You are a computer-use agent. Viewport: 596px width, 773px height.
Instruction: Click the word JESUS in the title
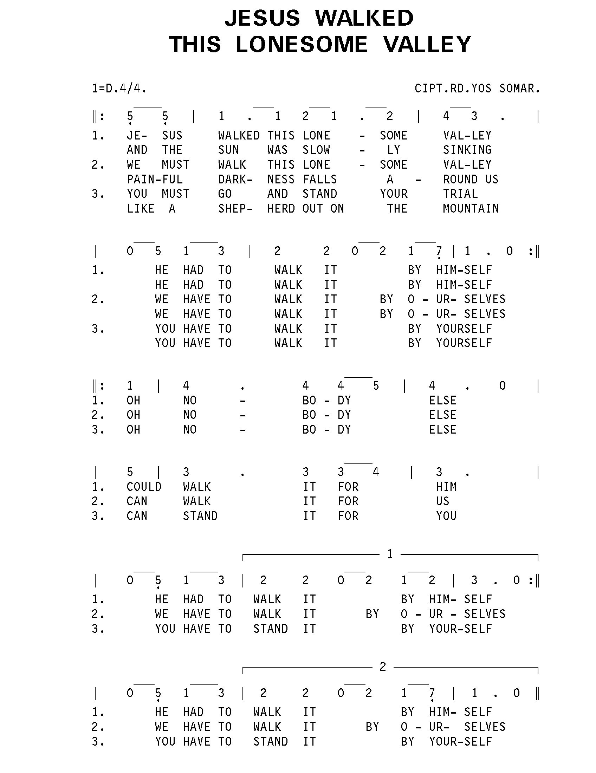tap(262, 18)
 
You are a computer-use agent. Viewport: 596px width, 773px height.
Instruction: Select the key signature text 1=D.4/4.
tap(119, 88)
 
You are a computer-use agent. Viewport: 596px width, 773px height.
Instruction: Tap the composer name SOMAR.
tap(519, 88)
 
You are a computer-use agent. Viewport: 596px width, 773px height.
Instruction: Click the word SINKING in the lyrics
tap(467, 150)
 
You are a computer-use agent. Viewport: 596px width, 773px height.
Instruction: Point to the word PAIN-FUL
tap(155, 180)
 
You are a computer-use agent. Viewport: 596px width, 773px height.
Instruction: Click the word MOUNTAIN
tap(470, 208)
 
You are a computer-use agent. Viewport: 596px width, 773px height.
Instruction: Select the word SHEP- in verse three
tap(235, 208)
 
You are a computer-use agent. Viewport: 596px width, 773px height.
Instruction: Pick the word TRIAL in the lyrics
tap(460, 194)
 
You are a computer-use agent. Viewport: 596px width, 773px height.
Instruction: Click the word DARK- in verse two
tap(235, 180)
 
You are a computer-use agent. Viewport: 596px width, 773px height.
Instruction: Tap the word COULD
tap(144, 487)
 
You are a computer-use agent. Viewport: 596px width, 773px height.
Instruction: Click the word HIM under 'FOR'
tap(446, 487)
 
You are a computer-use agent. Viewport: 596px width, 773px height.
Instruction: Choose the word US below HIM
tap(442, 501)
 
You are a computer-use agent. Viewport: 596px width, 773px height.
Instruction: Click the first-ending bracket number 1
tap(390, 554)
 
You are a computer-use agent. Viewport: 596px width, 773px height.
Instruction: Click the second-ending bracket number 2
tap(383, 667)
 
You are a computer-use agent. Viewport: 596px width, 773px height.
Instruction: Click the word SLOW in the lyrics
tap(316, 150)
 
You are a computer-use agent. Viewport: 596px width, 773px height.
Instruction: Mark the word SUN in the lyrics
tap(228, 150)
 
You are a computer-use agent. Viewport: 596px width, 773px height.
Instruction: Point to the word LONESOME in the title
tap(302, 45)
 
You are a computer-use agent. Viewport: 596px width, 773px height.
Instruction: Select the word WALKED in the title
tap(364, 18)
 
